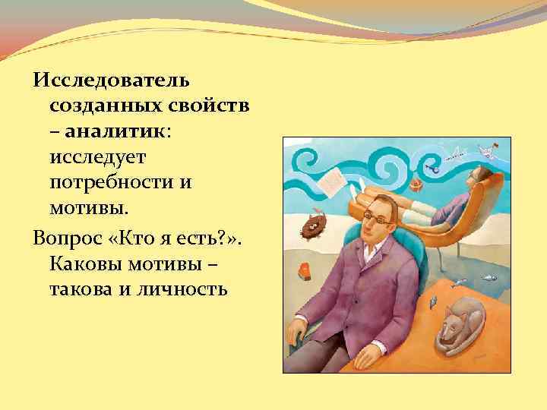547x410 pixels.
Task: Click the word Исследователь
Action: (x=112, y=80)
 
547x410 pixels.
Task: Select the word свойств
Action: (x=212, y=106)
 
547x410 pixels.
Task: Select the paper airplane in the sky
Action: (x=456, y=156)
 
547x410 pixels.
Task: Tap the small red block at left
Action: (x=305, y=268)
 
